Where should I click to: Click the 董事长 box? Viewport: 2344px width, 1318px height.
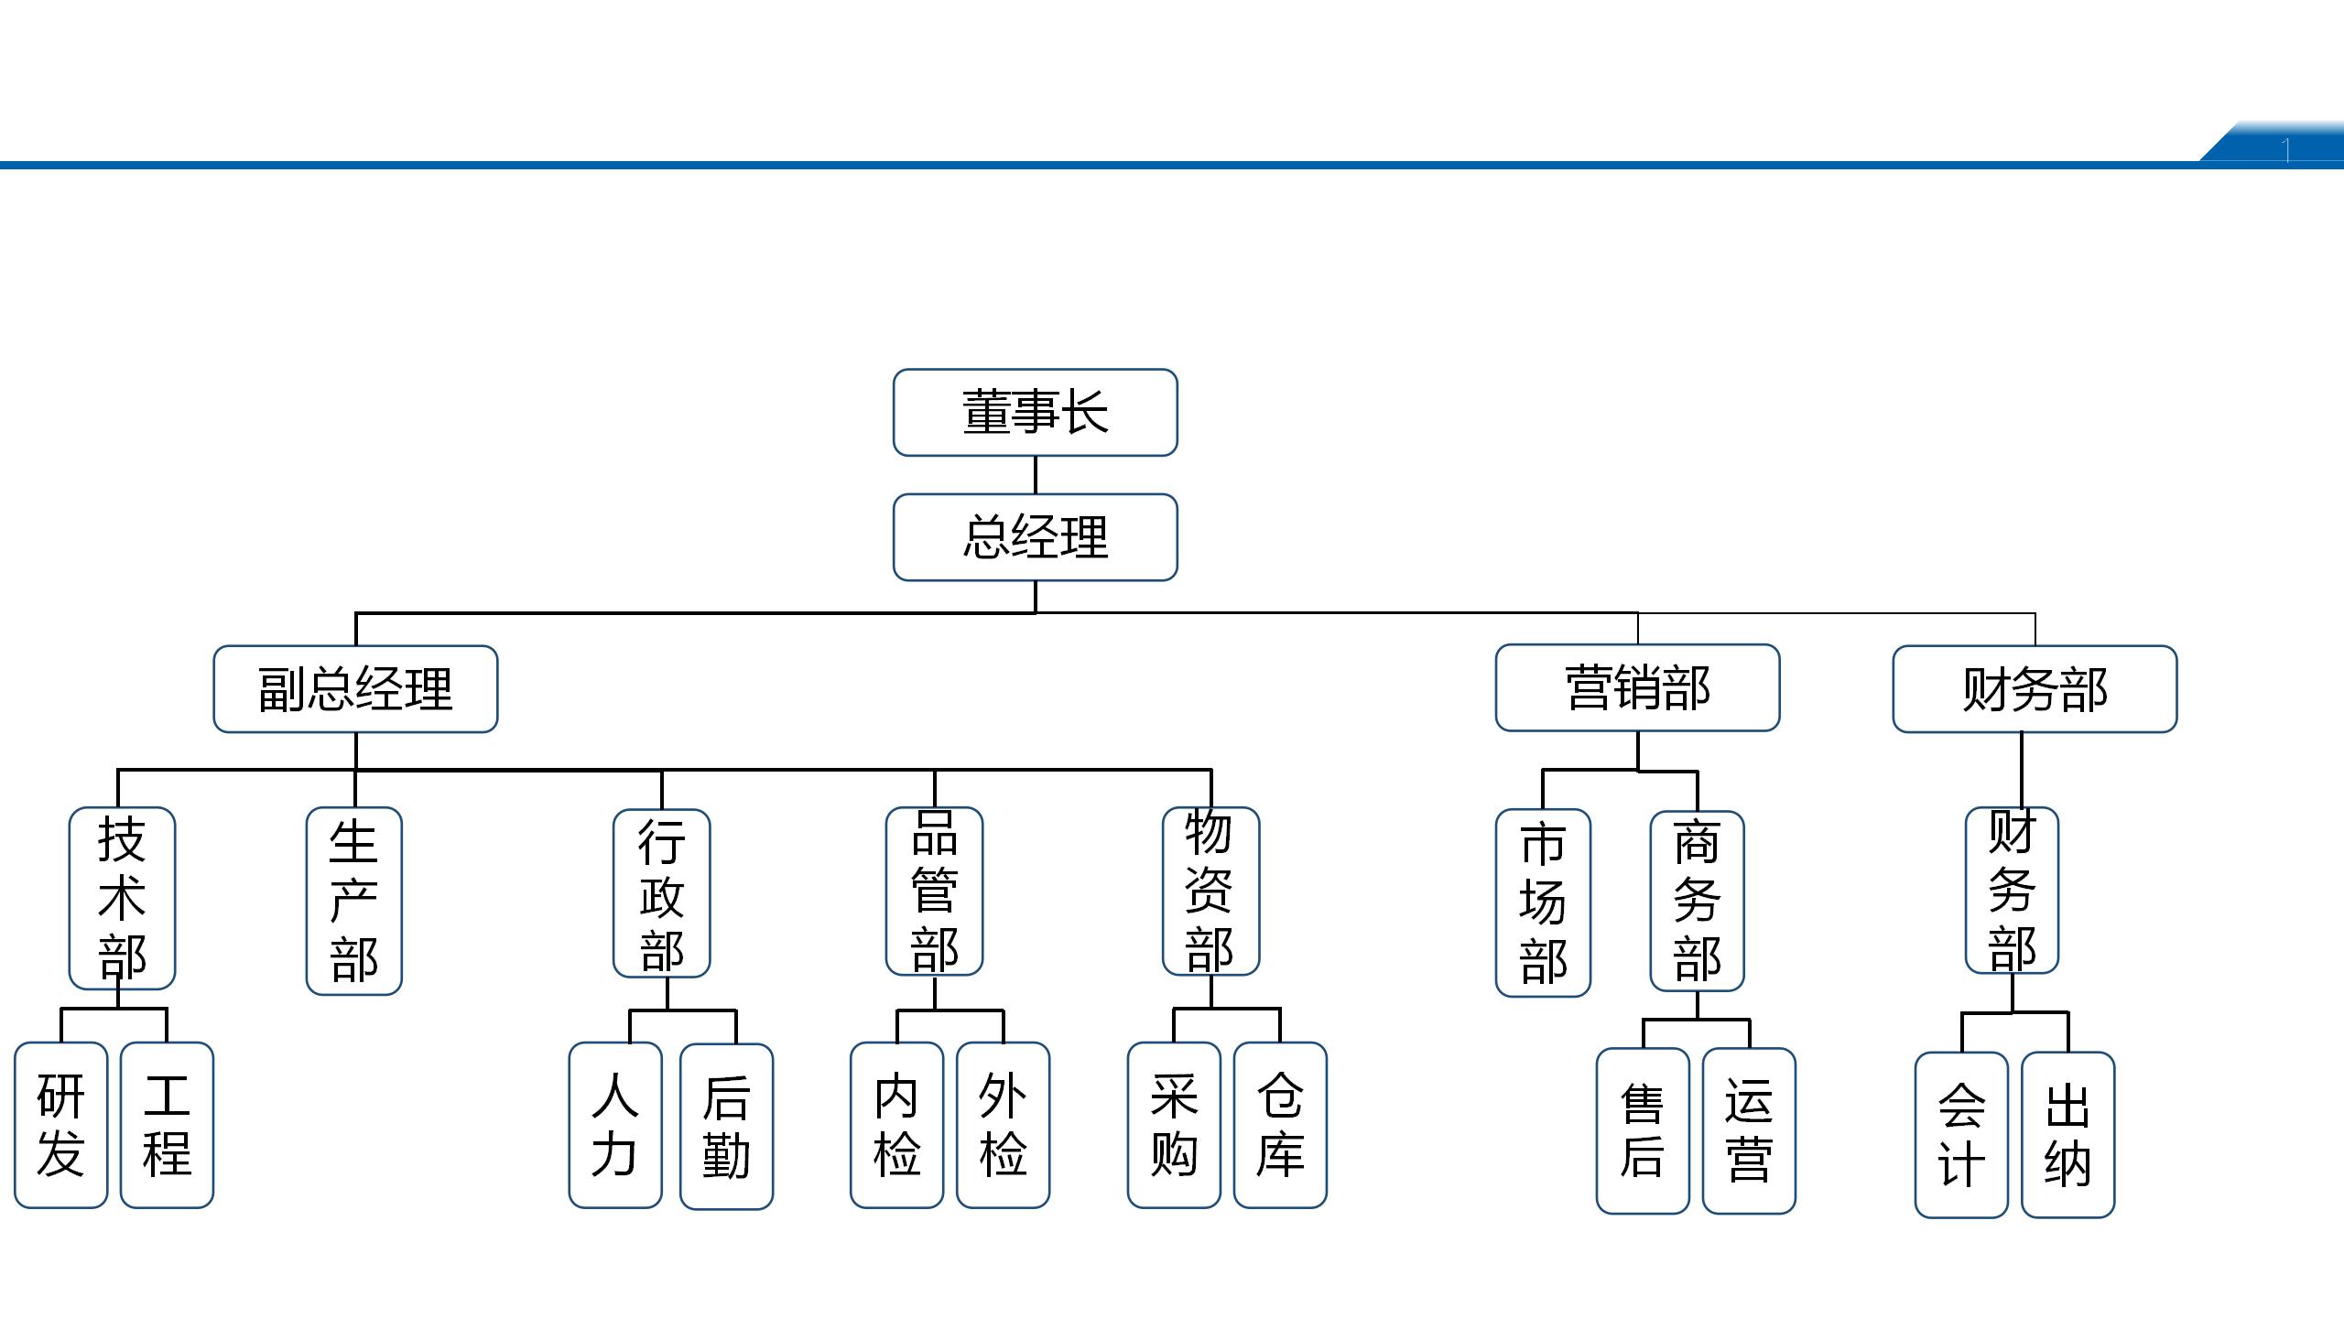1035,412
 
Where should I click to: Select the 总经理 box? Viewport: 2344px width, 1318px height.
1035,537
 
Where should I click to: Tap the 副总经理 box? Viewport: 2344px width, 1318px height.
355,689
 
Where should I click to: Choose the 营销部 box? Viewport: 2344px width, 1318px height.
1637,687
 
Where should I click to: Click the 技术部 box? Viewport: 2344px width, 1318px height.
122,898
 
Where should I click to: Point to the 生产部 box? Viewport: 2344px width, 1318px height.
353,901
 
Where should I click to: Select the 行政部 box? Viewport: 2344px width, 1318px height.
661,893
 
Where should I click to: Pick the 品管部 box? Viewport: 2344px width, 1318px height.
934,891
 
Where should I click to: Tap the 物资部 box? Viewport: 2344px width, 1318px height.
1210,891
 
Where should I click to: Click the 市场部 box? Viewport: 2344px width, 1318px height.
1543,902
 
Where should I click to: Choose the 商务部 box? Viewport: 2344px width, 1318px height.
1697,901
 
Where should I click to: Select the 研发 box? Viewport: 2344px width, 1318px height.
60,1125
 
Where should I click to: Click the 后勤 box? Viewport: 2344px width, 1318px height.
726,1127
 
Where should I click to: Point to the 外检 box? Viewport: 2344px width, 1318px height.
1003,1125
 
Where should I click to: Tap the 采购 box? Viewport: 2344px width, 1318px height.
1174,1125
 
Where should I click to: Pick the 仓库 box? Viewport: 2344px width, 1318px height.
1280,1125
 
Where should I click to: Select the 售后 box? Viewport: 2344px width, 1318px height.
1643,1131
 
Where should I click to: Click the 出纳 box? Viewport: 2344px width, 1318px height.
2067,1135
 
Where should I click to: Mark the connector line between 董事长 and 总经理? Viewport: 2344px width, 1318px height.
1036,475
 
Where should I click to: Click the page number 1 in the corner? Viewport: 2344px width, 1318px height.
2286,149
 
